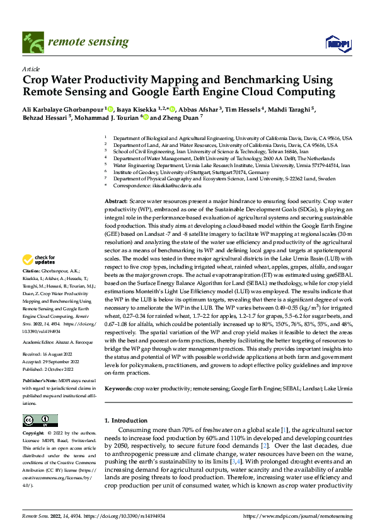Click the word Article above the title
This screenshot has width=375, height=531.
31,69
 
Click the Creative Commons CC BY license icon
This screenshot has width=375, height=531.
40,421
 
